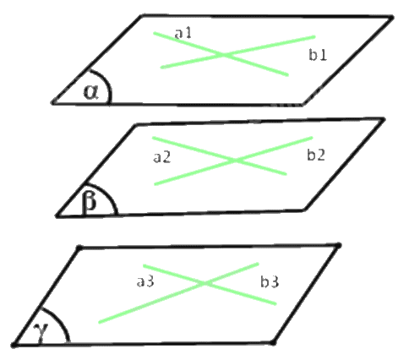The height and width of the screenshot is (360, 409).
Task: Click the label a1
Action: [183, 33]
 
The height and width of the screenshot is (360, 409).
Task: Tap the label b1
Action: [318, 55]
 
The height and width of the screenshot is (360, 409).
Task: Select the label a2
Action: [162, 157]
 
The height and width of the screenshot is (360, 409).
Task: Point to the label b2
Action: [316, 155]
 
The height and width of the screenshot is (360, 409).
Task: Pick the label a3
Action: [145, 281]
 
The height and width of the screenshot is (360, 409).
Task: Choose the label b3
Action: [270, 281]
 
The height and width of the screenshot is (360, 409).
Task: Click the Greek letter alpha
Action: [91, 92]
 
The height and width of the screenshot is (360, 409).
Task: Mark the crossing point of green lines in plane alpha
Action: [225, 54]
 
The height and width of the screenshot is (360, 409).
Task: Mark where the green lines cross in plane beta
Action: [236, 161]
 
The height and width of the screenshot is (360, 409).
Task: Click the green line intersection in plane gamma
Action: [205, 283]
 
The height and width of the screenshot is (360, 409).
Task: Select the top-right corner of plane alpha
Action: [391, 18]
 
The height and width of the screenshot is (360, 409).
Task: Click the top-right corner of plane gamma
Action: [339, 246]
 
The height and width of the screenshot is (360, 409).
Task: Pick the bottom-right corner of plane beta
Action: [304, 210]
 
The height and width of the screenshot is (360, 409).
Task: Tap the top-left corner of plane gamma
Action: [79, 248]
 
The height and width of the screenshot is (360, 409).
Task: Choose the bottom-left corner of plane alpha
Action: [53, 102]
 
